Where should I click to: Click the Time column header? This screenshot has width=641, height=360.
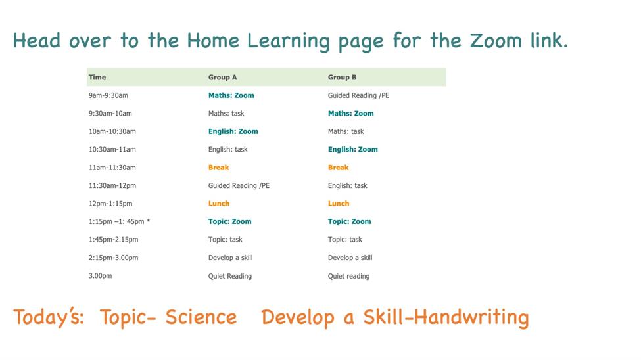(x=97, y=78)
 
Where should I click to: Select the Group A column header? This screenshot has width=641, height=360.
(x=222, y=78)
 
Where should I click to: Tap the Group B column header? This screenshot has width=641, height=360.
(x=342, y=78)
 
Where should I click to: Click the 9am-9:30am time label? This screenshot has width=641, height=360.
(x=108, y=95)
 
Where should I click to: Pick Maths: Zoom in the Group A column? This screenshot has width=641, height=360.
(x=231, y=95)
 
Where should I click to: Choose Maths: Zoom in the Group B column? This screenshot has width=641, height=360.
(x=351, y=113)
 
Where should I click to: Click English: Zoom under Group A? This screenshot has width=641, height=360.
(x=233, y=131)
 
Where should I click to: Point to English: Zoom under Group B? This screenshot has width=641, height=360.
(x=353, y=149)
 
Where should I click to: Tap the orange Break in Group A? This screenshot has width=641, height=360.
(x=219, y=167)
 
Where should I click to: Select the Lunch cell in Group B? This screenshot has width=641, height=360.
(x=339, y=203)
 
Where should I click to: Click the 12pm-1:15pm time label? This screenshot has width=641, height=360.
(x=110, y=203)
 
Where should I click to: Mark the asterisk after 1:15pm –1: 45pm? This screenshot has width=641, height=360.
(x=149, y=221)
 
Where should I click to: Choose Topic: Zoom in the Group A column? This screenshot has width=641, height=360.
(x=229, y=221)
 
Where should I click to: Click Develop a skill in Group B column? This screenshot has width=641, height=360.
(x=350, y=258)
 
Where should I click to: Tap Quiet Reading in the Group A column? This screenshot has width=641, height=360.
(x=229, y=276)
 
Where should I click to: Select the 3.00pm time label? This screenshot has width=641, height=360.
(x=100, y=276)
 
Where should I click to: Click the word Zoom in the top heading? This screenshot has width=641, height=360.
(x=496, y=41)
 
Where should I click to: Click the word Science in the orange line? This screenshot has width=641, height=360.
(x=201, y=317)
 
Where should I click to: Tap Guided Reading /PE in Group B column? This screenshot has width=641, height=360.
(x=358, y=95)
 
